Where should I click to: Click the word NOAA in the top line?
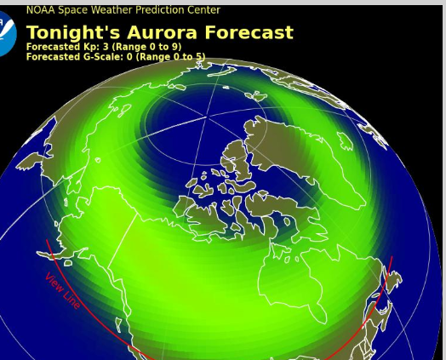pyautogui.click(x=41, y=10)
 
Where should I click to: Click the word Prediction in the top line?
pyautogui.click(x=164, y=10)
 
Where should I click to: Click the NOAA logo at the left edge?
pyautogui.click(x=7, y=34)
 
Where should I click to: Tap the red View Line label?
pyautogui.click(x=62, y=290)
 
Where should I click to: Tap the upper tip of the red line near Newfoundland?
pyautogui.click(x=392, y=258)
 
